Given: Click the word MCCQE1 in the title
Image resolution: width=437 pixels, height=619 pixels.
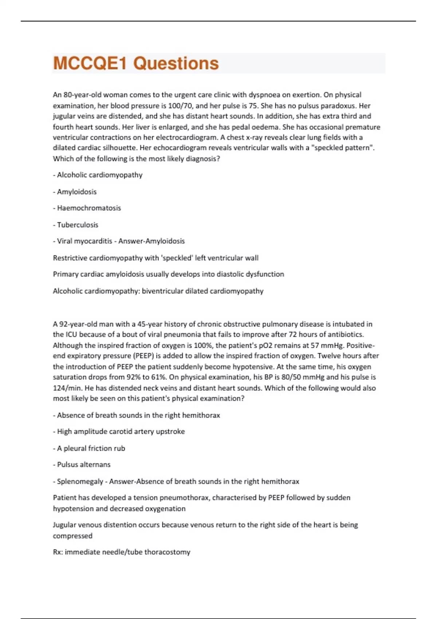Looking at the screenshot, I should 90,63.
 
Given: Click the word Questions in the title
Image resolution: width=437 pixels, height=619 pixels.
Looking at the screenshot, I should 176,63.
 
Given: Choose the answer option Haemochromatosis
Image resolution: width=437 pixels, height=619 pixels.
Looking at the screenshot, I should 89,208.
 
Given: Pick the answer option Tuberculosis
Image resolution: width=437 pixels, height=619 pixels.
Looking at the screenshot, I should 78,225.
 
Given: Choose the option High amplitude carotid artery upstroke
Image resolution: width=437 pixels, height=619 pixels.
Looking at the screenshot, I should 121,431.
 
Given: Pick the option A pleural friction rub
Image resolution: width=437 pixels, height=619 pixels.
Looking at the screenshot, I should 91,448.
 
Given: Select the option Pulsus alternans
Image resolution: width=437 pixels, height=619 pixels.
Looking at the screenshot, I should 84,465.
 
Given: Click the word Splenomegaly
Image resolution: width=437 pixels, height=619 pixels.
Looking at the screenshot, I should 80,481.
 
